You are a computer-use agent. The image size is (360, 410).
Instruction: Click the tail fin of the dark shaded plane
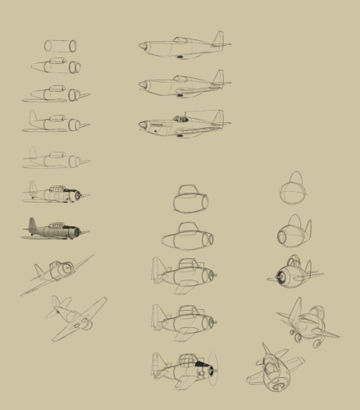[x=33, y=225]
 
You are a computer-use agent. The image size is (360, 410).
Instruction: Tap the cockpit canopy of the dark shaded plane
[x=56, y=226]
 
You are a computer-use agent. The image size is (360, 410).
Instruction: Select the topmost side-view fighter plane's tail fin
[x=217, y=39]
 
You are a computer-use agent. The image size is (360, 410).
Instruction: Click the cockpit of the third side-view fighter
[x=180, y=120]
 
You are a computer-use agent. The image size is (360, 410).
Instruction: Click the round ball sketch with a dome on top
[x=293, y=190]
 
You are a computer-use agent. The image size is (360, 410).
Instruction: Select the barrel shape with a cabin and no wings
[x=190, y=198]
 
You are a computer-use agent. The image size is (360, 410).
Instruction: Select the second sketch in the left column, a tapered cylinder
[x=57, y=66]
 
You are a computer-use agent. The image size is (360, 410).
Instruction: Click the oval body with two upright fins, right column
[x=294, y=233]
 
